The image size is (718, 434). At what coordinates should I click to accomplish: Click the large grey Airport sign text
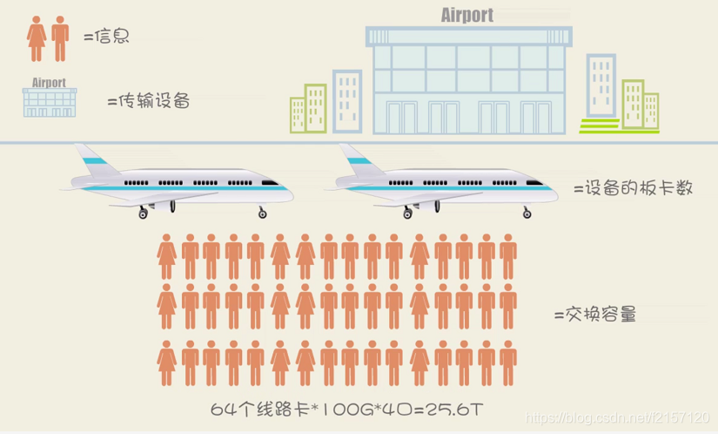[466, 15]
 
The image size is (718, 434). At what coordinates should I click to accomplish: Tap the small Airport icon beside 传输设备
[50, 98]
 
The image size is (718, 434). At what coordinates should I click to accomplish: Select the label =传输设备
[148, 101]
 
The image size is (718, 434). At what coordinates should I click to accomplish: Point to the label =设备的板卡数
[634, 187]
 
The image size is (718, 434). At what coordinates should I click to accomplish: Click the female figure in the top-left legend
[38, 37]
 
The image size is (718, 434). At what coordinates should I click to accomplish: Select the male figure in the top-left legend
[60, 37]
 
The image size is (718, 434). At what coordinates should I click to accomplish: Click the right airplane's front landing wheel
[526, 212]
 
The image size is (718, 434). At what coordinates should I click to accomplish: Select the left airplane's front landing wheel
[261, 212]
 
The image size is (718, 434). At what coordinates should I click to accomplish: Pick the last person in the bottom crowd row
[507, 364]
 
